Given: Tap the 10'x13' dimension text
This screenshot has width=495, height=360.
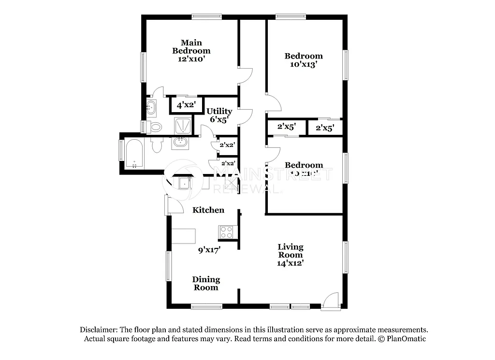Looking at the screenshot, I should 303,65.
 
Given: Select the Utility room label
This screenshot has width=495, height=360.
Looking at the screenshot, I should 219,111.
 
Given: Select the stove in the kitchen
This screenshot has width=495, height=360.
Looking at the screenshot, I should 226,232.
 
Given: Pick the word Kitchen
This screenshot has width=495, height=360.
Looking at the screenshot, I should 208,210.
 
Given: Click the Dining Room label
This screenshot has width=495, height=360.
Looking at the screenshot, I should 206,284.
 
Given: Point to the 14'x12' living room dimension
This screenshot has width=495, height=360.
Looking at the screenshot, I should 290,263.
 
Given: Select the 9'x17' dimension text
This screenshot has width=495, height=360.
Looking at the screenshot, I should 209,250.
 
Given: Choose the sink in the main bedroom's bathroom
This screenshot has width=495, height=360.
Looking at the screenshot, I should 151,107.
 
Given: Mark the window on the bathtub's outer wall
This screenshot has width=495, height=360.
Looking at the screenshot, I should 121,150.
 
